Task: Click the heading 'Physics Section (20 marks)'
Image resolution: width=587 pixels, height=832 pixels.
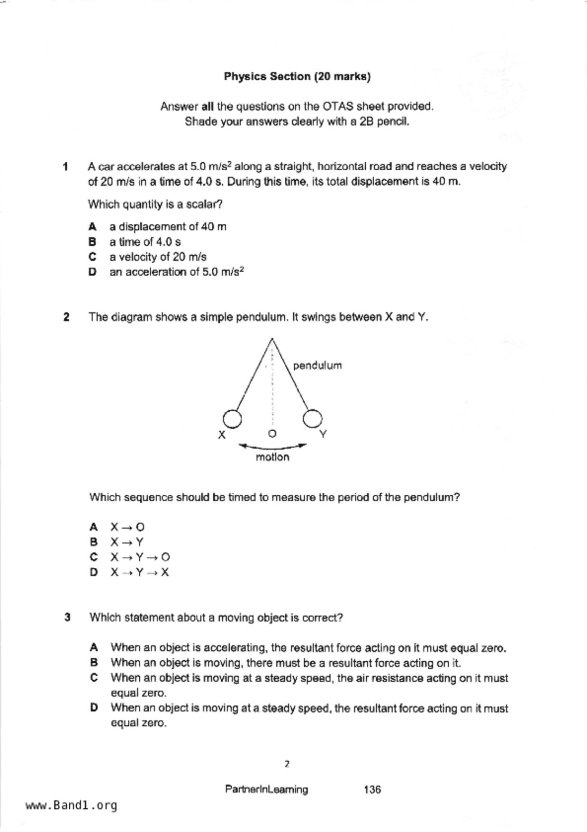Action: pyautogui.click(x=297, y=76)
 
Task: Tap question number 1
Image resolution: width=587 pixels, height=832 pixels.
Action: pyautogui.click(x=65, y=166)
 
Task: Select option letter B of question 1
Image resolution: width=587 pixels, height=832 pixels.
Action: pyautogui.click(x=92, y=242)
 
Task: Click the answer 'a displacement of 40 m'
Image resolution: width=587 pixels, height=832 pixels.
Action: pyautogui.click(x=168, y=227)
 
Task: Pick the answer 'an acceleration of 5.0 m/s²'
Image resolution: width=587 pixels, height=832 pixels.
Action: pyautogui.click(x=176, y=272)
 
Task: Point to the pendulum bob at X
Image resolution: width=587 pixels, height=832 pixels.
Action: pyautogui.click(x=232, y=418)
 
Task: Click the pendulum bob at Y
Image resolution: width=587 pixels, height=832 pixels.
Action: pyautogui.click(x=312, y=418)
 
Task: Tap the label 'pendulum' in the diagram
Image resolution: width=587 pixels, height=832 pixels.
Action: pyautogui.click(x=317, y=366)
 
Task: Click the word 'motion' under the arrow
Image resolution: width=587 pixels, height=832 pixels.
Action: pyautogui.click(x=272, y=457)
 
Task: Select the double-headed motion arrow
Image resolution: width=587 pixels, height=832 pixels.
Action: pyautogui.click(x=272, y=446)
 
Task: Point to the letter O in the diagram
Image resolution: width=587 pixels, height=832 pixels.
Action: pyautogui.click(x=272, y=434)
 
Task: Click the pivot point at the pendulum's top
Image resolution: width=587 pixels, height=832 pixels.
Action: pyautogui.click(x=272, y=339)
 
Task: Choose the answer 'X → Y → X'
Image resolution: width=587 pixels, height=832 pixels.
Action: pyautogui.click(x=140, y=572)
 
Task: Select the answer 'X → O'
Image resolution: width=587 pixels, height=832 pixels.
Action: pyautogui.click(x=127, y=527)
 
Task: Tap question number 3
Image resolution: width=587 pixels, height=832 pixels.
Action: pyautogui.click(x=67, y=618)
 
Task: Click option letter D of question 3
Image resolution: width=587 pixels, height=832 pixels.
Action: pyautogui.click(x=94, y=708)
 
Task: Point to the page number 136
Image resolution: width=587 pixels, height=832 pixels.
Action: pyautogui.click(x=372, y=789)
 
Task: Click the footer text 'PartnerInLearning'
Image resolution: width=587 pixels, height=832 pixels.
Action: pyautogui.click(x=266, y=789)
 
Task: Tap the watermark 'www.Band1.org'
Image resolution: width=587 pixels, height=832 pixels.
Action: pyautogui.click(x=71, y=805)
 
